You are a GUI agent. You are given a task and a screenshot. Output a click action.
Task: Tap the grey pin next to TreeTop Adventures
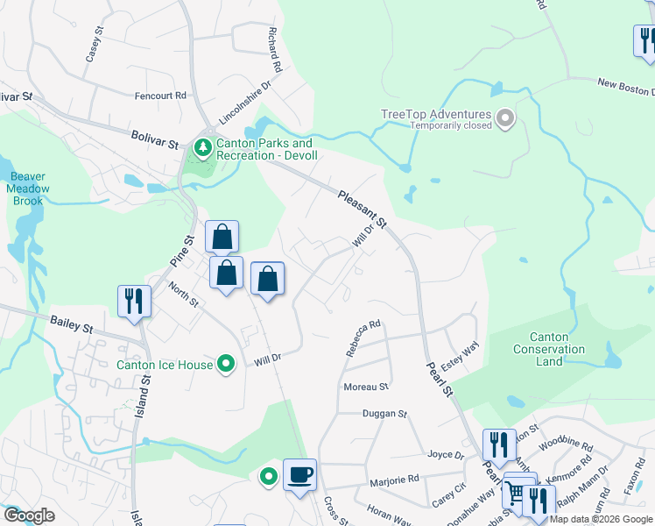coord(505,118)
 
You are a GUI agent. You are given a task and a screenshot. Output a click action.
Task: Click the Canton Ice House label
coord(166,363)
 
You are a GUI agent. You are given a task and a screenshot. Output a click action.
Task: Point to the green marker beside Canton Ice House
coord(227,363)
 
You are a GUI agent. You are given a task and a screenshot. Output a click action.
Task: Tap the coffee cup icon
coord(299,474)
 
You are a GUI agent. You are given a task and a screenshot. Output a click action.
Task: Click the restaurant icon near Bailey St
coord(135,301)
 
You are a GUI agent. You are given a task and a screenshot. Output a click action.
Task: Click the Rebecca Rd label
coord(363,337)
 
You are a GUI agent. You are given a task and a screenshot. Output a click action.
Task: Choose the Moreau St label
coord(366,387)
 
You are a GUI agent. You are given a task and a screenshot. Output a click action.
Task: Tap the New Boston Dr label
coord(625,87)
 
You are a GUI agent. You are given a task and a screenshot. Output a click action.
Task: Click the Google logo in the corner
coord(28,515)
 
